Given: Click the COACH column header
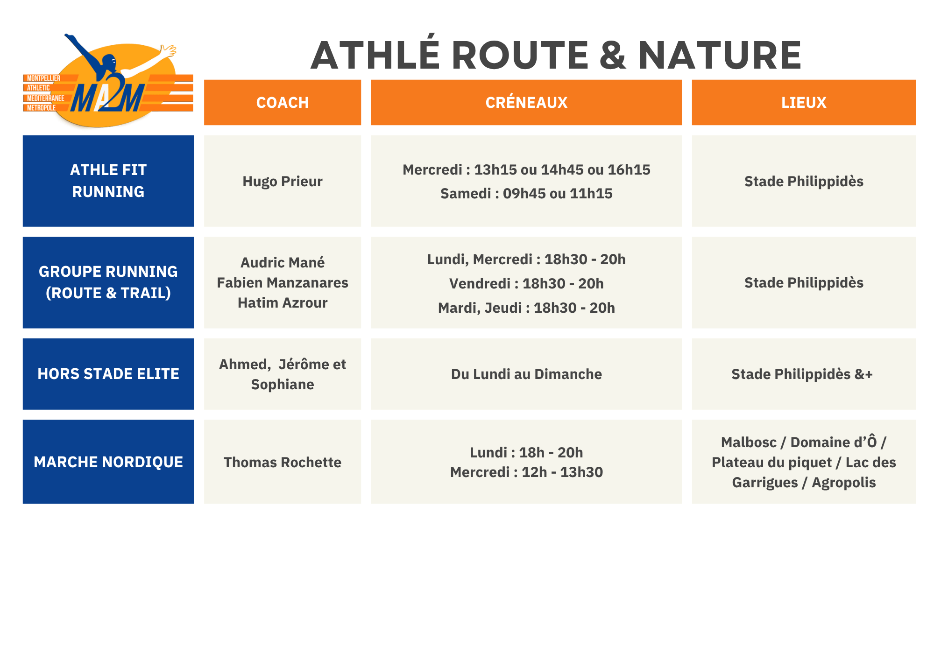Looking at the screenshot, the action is tap(283, 103).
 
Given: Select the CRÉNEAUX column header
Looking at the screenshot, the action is tap(526, 102).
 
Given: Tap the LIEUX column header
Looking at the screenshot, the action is tap(804, 103).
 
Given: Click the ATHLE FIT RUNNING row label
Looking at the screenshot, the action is tap(108, 181).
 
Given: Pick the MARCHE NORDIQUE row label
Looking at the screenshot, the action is tap(108, 462).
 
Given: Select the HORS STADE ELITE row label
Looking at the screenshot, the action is tap(108, 374).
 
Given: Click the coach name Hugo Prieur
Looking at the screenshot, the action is tap(283, 182).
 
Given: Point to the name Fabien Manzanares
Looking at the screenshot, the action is tap(283, 283).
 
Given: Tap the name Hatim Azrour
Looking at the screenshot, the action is tap(283, 303).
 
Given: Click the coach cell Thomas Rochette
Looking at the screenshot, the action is tap(283, 463).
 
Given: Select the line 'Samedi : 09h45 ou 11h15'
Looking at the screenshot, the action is tap(526, 194).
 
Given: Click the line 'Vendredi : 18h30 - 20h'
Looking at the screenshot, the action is tap(526, 284).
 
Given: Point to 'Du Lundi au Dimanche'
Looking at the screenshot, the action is tap(526, 374).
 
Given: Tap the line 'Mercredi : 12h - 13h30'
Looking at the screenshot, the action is tap(526, 472).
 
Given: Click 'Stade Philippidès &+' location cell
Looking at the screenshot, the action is tap(802, 374).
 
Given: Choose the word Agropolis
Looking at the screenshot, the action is tap(843, 483).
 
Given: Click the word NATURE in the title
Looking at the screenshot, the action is tap(720, 56).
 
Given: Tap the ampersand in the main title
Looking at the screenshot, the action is tap(613, 56).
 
